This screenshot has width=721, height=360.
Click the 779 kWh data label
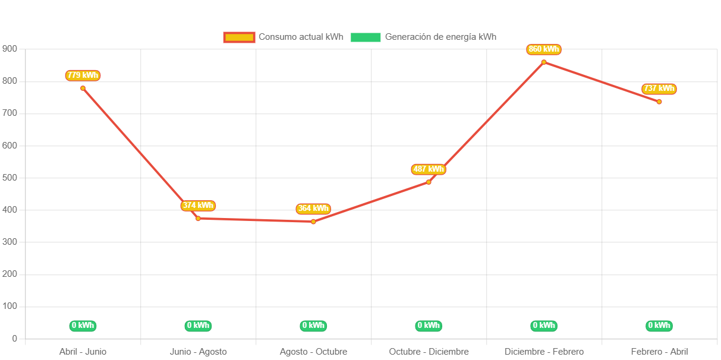pos(83,75)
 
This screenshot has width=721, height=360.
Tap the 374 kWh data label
pos(198,206)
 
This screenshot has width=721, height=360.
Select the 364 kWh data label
pos(313,209)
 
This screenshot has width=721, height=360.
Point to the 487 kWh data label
pos(428,169)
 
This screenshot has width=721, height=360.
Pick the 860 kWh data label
pos(543,49)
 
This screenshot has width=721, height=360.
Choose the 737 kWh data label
pos(659,89)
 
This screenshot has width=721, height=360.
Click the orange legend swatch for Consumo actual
pos(239,37)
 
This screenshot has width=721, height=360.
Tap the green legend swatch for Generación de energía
pos(366,37)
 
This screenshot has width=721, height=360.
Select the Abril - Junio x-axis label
pos(83,352)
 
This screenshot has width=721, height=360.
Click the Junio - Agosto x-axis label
pos(198,352)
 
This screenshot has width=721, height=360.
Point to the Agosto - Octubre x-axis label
pos(313,352)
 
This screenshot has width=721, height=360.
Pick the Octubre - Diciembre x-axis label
pos(429,352)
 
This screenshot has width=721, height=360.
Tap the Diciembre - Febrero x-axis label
pos(544,352)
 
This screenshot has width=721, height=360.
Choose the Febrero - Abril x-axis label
pos(659,352)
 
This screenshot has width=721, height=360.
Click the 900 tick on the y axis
pos(10,48)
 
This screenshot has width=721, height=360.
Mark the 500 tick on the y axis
pos(10,178)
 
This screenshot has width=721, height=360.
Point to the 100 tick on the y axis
pos(10,306)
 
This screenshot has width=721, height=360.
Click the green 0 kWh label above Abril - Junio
pos(83,326)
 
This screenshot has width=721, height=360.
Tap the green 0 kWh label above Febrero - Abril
pos(659,326)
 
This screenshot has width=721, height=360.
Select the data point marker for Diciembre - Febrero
pos(543,62)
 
